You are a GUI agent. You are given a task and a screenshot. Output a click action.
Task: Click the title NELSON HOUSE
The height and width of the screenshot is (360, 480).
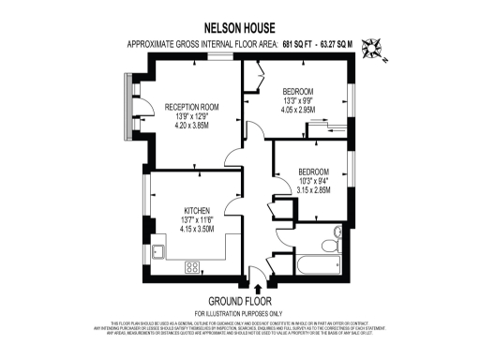coord(239,28)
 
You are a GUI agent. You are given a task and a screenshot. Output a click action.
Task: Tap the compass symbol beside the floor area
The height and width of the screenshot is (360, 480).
coord(373,46)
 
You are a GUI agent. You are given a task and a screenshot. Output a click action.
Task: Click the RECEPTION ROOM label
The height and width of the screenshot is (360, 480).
coord(191,108)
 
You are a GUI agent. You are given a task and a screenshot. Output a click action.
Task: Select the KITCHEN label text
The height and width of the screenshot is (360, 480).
coord(196,210)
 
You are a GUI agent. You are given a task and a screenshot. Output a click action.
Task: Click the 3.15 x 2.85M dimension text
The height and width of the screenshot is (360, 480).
coord(312,189)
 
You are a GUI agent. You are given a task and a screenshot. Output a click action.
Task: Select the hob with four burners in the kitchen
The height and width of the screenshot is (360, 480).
coord(192,267)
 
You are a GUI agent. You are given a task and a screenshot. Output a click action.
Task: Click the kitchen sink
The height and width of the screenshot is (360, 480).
coord(159,251)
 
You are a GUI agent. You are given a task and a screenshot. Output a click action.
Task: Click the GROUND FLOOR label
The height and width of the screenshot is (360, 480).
coord(239,301)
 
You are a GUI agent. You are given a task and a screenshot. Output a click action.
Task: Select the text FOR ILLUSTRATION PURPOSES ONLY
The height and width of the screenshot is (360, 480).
coord(239,312)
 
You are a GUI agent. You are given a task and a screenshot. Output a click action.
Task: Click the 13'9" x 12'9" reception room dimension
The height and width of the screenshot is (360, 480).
coord(191,118)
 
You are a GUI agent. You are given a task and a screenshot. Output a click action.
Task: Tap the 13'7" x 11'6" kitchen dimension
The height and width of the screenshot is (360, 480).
coord(197,219)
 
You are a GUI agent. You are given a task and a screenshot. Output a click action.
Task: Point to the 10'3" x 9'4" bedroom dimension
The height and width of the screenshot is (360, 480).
coord(312,180)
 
